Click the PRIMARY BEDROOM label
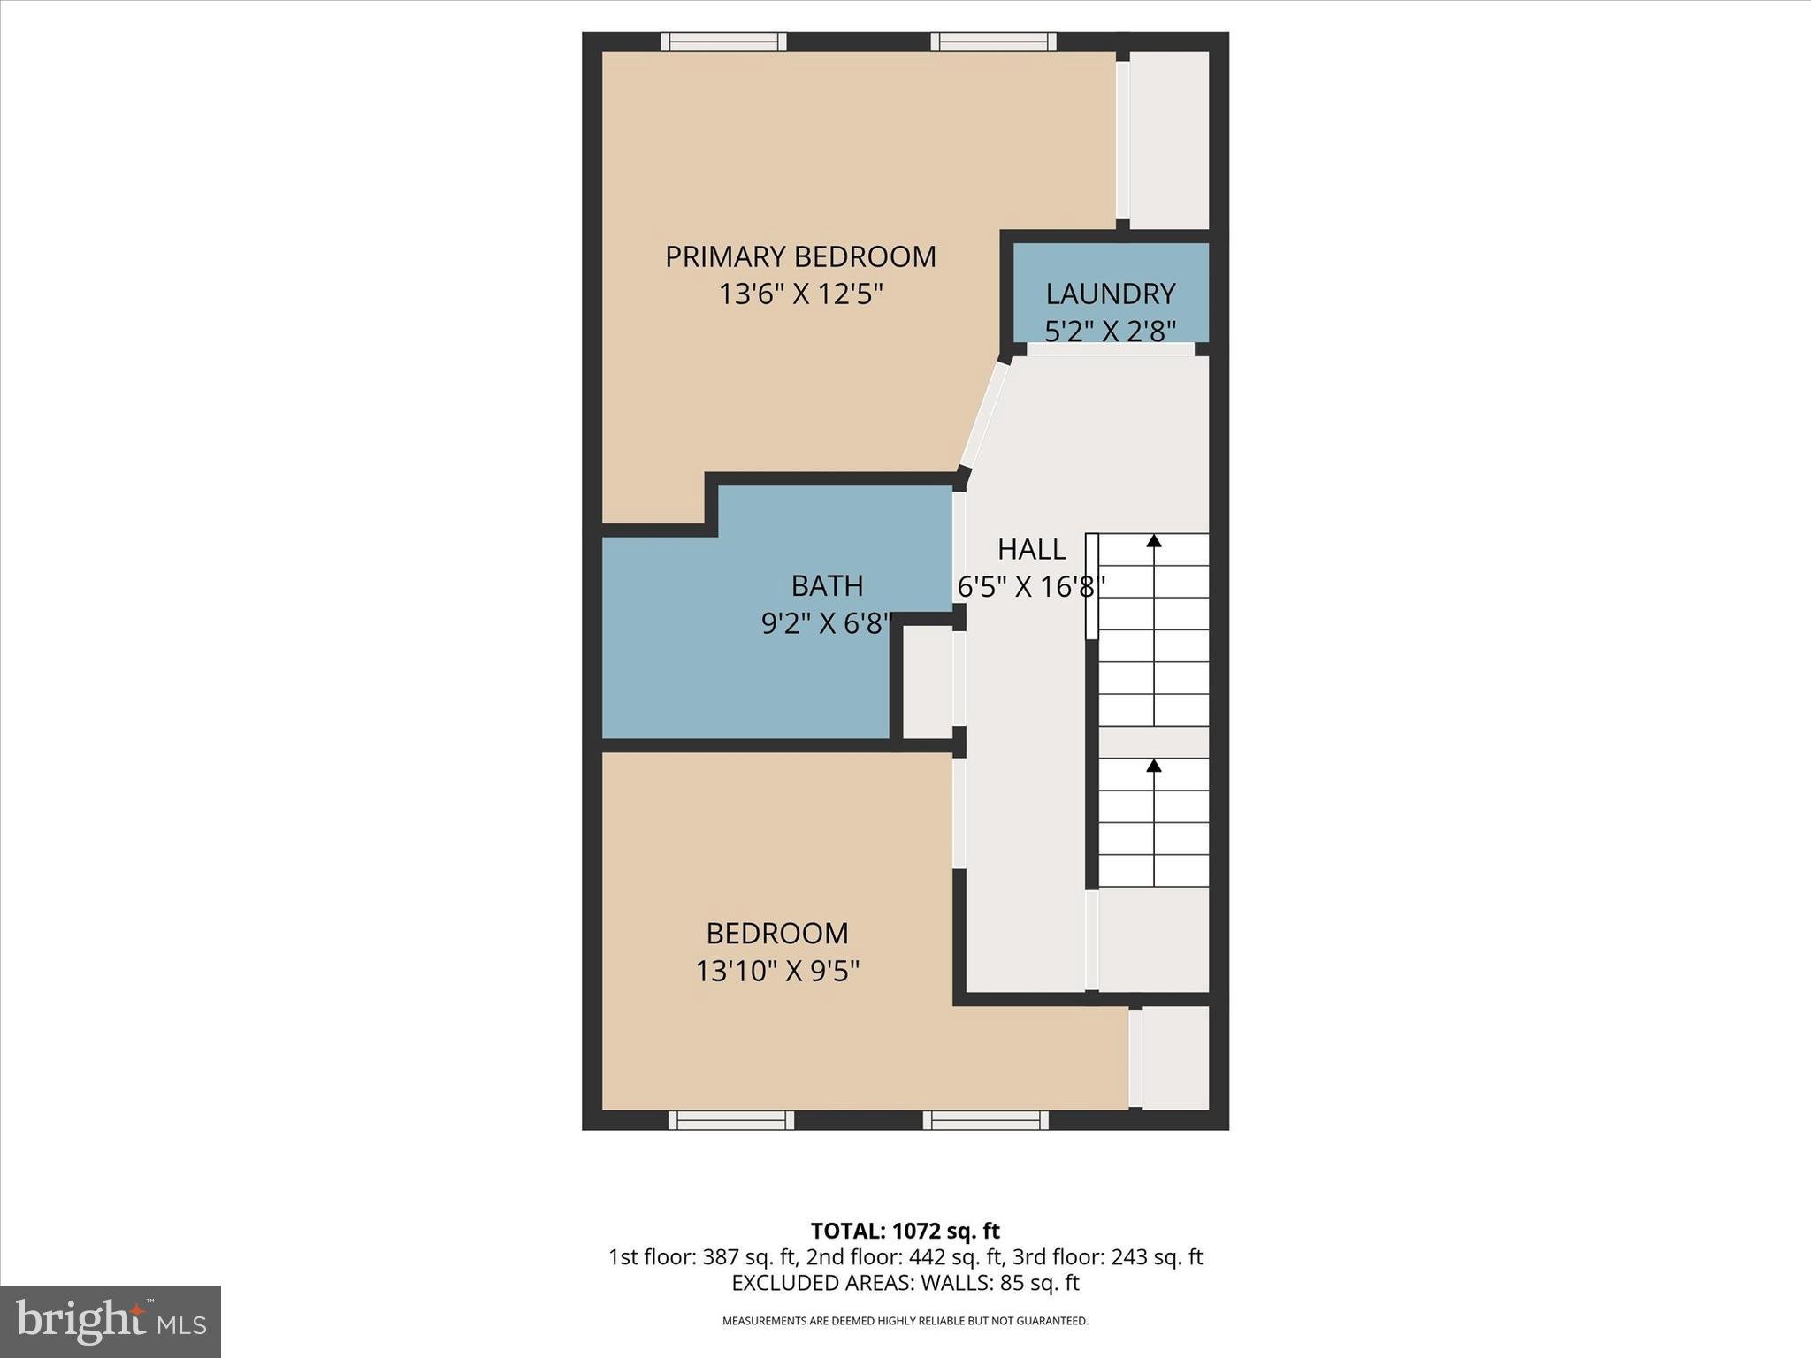click(800, 256)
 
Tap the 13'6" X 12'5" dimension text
click(800, 294)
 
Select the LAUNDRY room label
click(1110, 294)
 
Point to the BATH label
click(827, 585)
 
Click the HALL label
click(1031, 549)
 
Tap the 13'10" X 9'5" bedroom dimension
click(777, 972)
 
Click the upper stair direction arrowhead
click(1154, 540)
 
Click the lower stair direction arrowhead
click(1154, 766)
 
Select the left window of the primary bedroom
click(723, 42)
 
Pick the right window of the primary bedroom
click(993, 42)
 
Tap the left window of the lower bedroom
click(730, 1120)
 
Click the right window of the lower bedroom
click(986, 1120)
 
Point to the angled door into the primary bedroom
click(984, 416)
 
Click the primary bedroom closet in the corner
click(1169, 140)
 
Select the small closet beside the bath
click(926, 682)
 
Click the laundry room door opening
click(1110, 349)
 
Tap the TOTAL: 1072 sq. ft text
click(905, 1231)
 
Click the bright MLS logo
click(111, 1321)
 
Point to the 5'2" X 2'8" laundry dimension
click(1110, 331)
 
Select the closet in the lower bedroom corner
click(1175, 1057)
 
